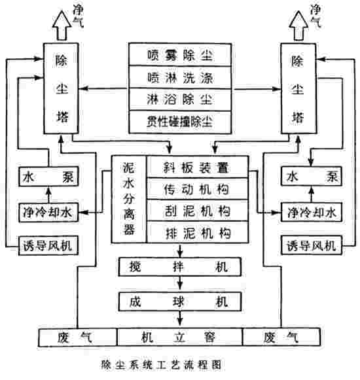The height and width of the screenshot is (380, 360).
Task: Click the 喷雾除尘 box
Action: (x=180, y=55)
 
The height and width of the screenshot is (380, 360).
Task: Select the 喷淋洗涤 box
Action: (x=180, y=77)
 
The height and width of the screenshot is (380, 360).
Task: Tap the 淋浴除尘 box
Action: (x=180, y=99)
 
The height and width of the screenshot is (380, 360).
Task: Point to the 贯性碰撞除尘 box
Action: (x=180, y=120)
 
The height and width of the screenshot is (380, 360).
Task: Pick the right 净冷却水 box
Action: (x=310, y=212)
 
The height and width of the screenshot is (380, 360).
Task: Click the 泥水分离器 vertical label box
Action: (x=128, y=199)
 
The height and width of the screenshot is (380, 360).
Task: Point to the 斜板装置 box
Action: (x=197, y=167)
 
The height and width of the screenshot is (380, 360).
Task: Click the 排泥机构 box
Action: (x=197, y=232)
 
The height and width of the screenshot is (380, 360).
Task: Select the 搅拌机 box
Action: (x=179, y=267)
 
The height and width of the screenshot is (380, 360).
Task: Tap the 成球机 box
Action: (x=179, y=302)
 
